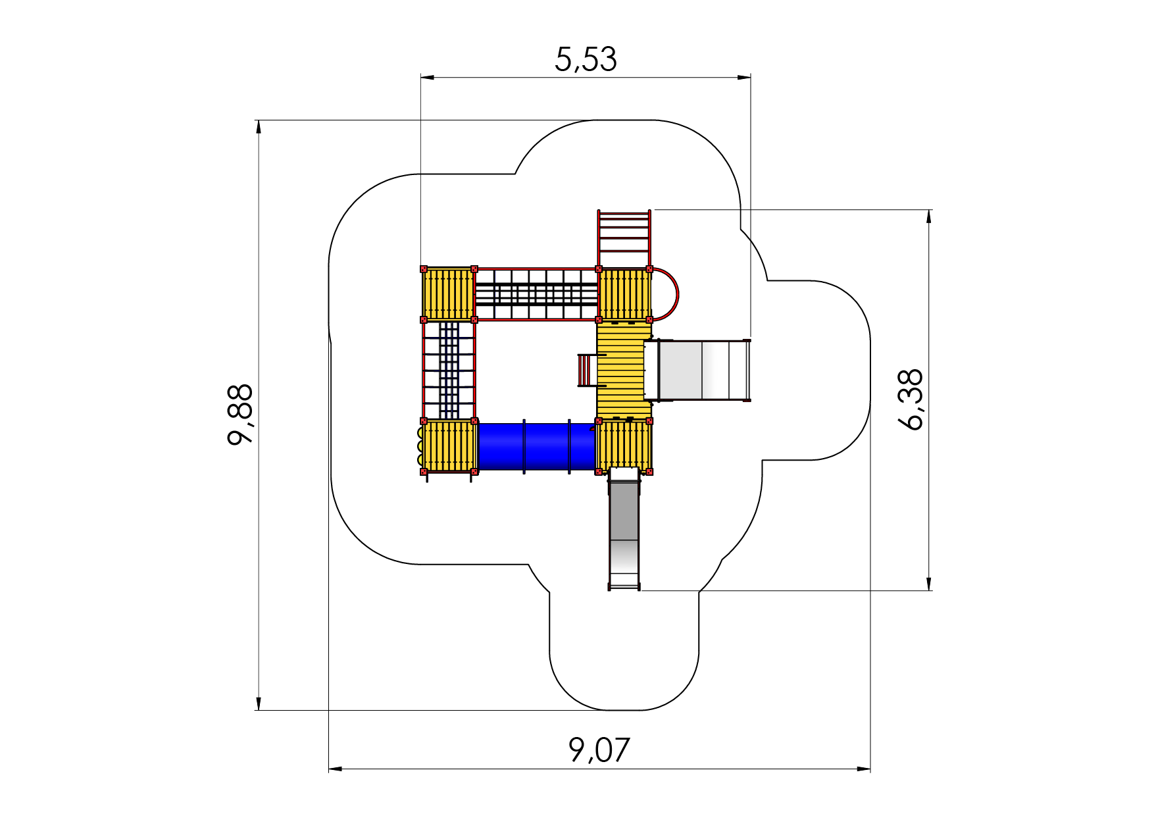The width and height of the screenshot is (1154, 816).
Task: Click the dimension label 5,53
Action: [586, 59]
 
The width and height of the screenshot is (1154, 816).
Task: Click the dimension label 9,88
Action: [240, 415]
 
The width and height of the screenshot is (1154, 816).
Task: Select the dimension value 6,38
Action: [911, 400]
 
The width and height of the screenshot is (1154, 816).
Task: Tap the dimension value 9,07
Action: [599, 750]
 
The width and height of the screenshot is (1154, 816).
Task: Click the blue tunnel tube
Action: [536, 446]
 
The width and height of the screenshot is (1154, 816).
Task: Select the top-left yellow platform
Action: [448, 294]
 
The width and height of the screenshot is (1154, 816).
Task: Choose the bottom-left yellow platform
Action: [449, 446]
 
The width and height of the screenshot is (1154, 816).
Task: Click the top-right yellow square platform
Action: [624, 294]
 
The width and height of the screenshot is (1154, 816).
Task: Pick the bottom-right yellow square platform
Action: [624, 446]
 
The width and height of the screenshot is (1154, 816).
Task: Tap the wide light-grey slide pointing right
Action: [697, 370]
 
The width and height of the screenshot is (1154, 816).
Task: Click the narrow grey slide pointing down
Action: [624, 529]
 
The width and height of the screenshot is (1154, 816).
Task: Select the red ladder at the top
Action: [624, 239]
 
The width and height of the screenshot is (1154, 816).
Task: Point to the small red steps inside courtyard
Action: [587, 370]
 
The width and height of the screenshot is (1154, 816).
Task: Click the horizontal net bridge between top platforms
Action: [536, 294]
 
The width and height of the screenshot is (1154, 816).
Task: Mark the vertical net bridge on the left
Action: [448, 370]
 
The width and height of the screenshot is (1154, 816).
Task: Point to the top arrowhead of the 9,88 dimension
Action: [259, 127]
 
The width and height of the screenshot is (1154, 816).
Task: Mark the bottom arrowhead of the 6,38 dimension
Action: [929, 584]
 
